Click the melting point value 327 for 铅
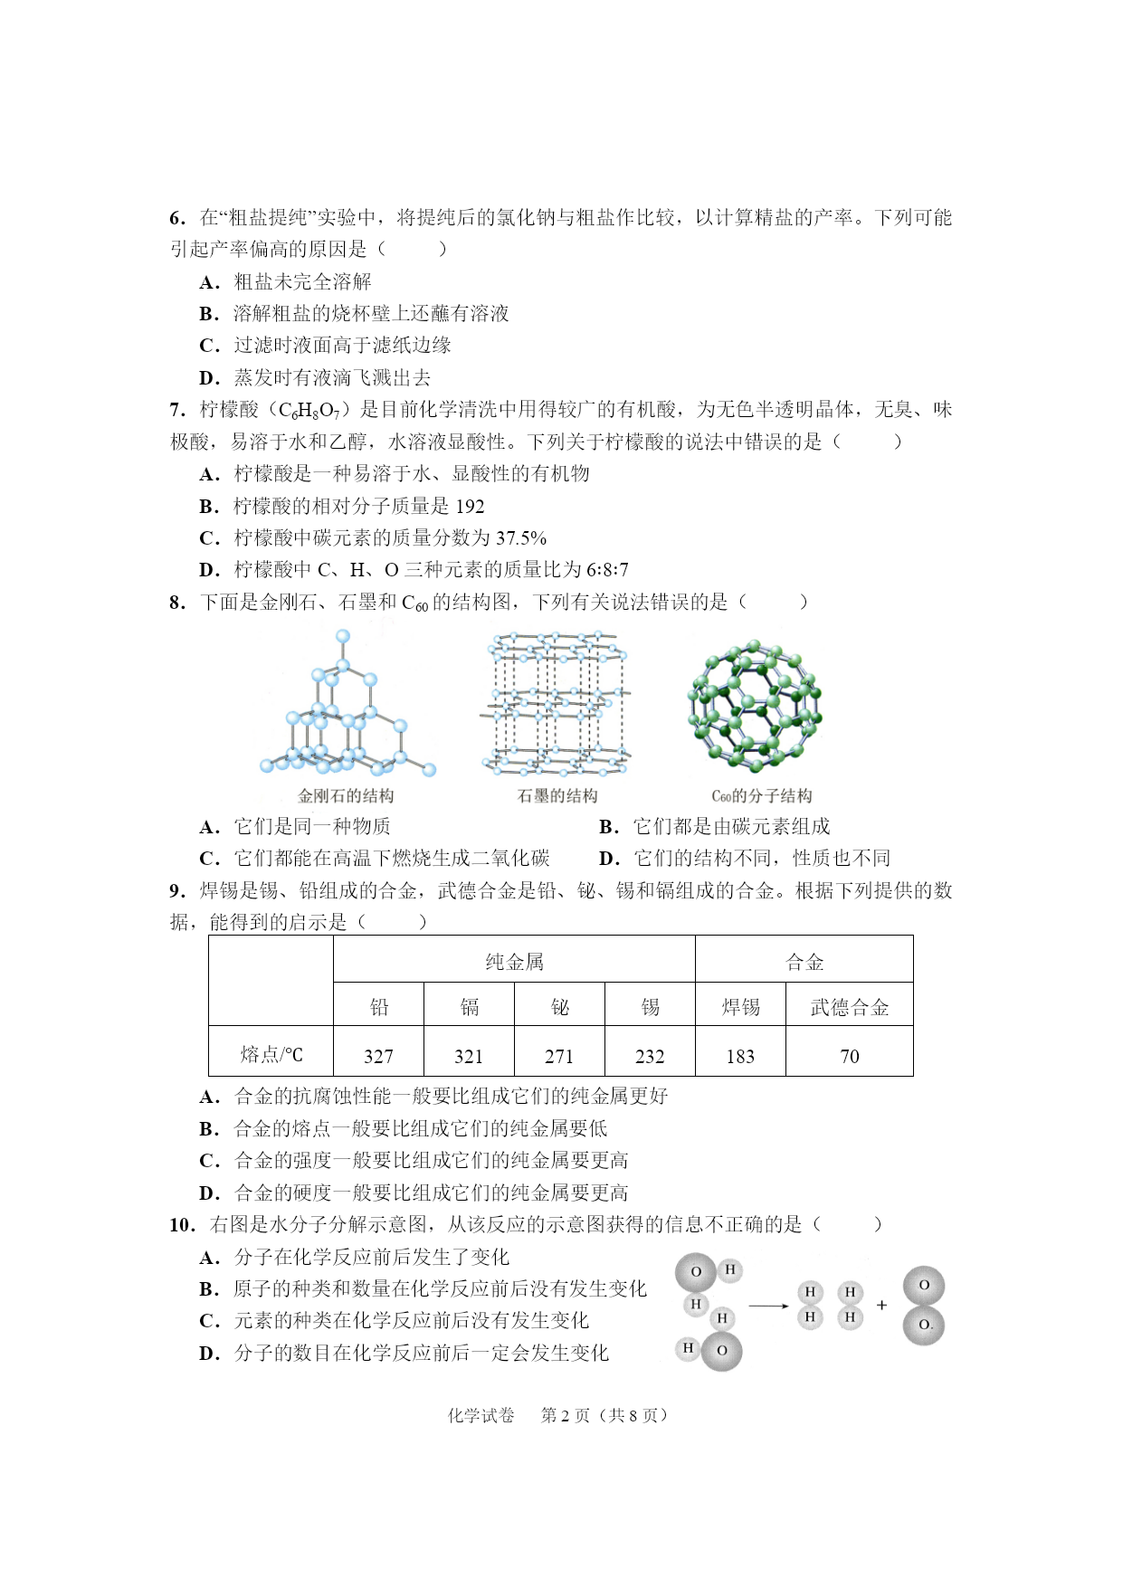[x=378, y=1056]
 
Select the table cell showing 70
[x=849, y=1056]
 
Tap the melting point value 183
[x=740, y=1056]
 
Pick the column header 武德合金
[x=849, y=1007]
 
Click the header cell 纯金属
[x=514, y=961]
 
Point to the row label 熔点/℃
[x=271, y=1054]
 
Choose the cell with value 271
[x=559, y=1056]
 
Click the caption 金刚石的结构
[x=346, y=796]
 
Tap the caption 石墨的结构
[x=557, y=796]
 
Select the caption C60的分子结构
[x=761, y=796]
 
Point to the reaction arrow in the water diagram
[x=768, y=1306]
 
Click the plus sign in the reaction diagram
[x=881, y=1306]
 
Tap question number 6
[x=176, y=218]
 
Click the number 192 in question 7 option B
[x=470, y=507]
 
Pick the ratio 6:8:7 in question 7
[x=607, y=570]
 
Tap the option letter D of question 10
[x=209, y=1354]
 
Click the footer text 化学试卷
[x=481, y=1415]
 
